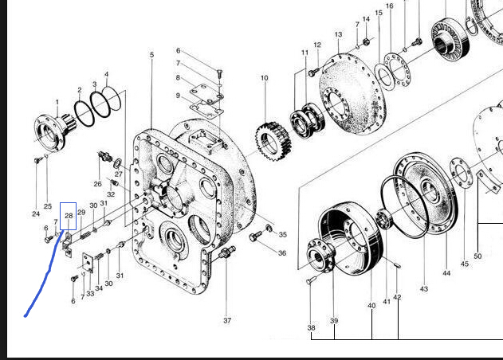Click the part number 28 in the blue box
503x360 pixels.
point(69,216)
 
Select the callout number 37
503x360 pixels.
point(227,320)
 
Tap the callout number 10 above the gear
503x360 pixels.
point(264,78)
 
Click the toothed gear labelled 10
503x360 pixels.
point(273,141)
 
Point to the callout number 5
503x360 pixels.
point(151,55)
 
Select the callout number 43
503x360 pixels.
point(424,289)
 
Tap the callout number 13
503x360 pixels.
point(338,34)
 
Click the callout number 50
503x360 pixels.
point(477,256)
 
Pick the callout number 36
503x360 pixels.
point(282,253)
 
